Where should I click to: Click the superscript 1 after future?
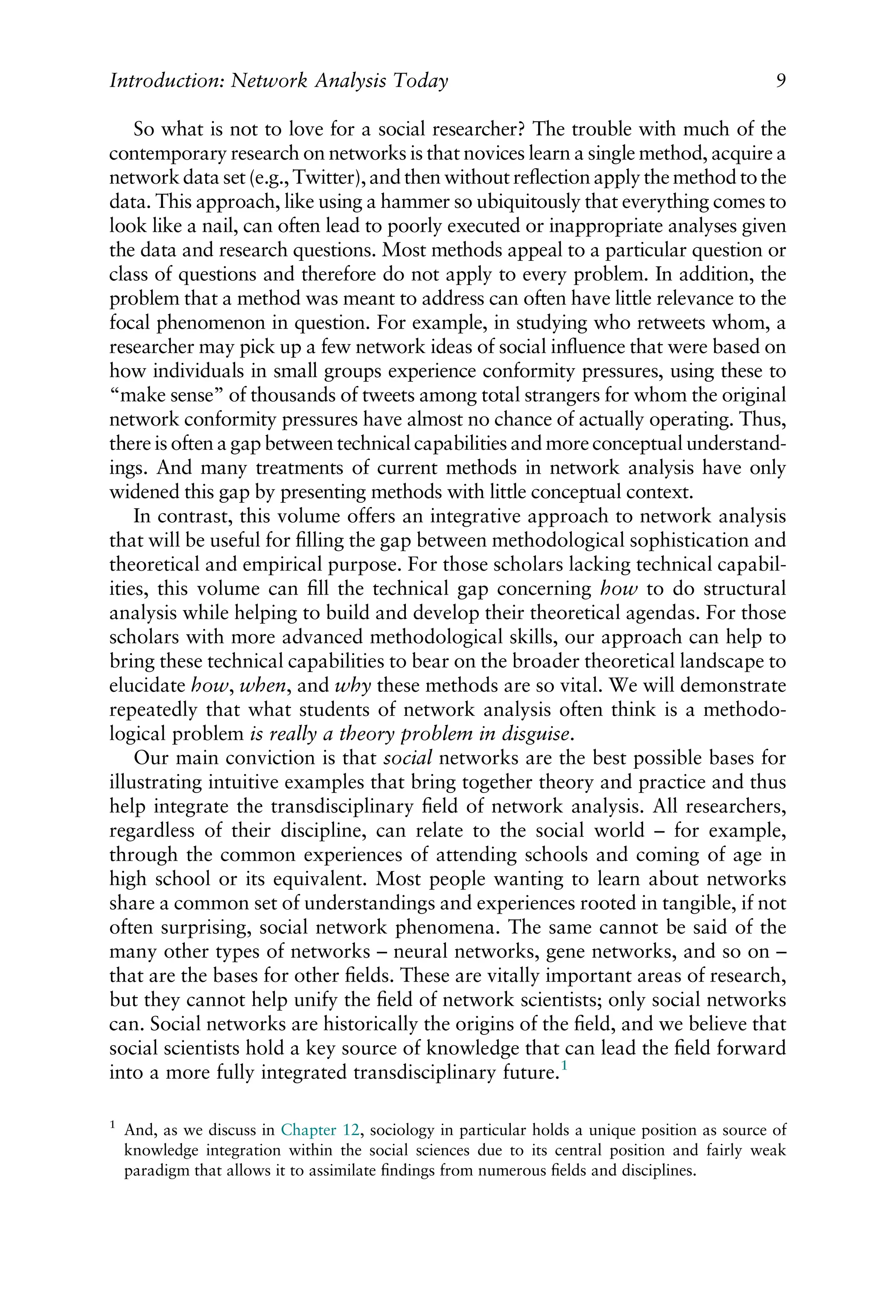point(564,1065)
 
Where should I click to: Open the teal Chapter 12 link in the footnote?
point(319,1130)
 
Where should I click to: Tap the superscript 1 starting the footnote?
point(113,1125)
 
